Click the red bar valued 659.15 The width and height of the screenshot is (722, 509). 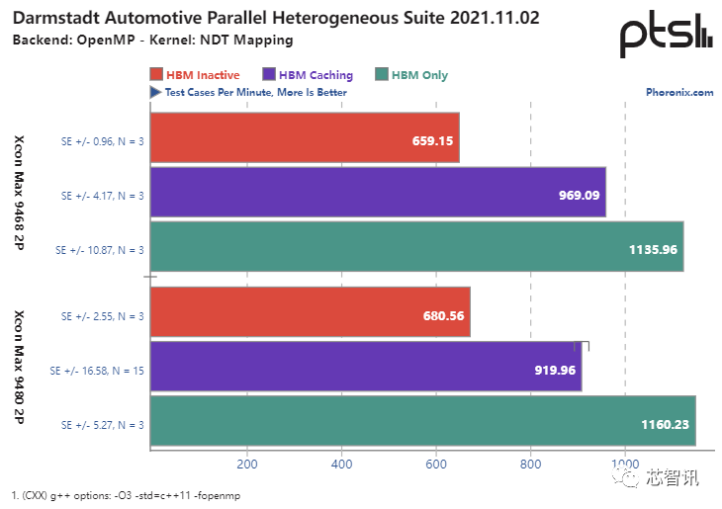305,140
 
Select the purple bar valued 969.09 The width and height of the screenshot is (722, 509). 378,195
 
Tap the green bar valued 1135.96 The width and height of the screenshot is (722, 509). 416,249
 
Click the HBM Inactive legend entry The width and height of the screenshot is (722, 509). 196,75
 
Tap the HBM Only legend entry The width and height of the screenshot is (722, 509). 413,75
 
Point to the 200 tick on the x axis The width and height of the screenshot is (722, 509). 246,465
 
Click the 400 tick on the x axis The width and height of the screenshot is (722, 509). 341,465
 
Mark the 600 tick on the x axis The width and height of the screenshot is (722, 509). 436,465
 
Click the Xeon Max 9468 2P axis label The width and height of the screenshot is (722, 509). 20,195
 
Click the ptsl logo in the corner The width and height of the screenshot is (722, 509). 665,36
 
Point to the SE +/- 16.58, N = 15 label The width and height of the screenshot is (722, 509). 97,371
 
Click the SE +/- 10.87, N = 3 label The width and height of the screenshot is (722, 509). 103,250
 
